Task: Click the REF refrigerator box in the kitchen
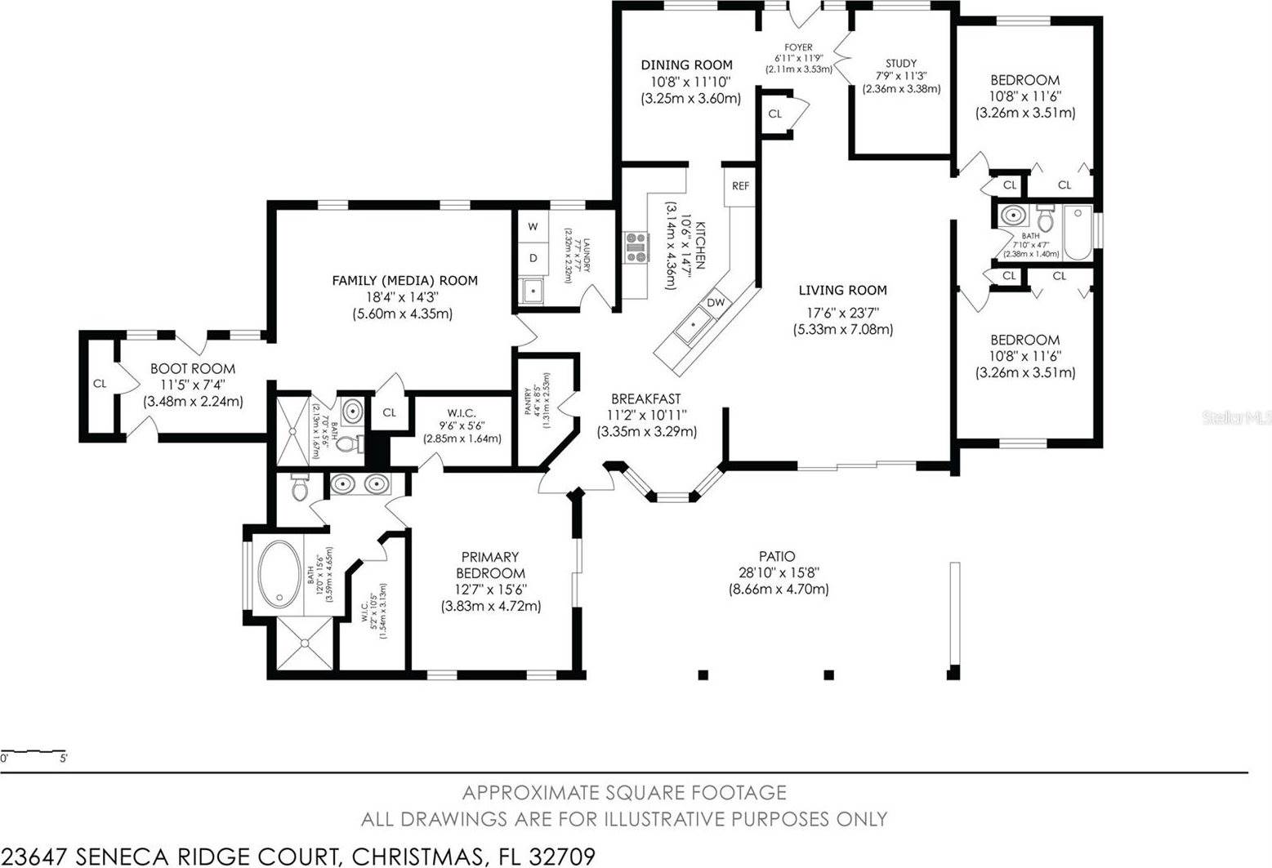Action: click(x=740, y=186)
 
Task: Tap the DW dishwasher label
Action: click(x=716, y=303)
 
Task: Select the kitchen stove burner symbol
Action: click(x=636, y=247)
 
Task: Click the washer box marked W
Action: click(x=533, y=226)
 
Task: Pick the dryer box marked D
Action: click(x=533, y=258)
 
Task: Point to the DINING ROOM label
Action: click(x=686, y=65)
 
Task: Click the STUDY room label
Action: click(x=901, y=63)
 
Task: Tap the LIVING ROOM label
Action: click(x=842, y=290)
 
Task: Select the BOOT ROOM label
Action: click(x=193, y=369)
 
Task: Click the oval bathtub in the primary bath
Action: click(x=279, y=575)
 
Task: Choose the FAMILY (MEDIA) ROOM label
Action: click(x=404, y=280)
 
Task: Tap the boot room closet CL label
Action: click(x=100, y=384)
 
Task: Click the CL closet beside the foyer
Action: click(x=774, y=114)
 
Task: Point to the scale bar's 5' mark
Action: click(x=64, y=759)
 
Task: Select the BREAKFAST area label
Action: click(x=646, y=399)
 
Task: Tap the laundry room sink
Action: click(x=533, y=290)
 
